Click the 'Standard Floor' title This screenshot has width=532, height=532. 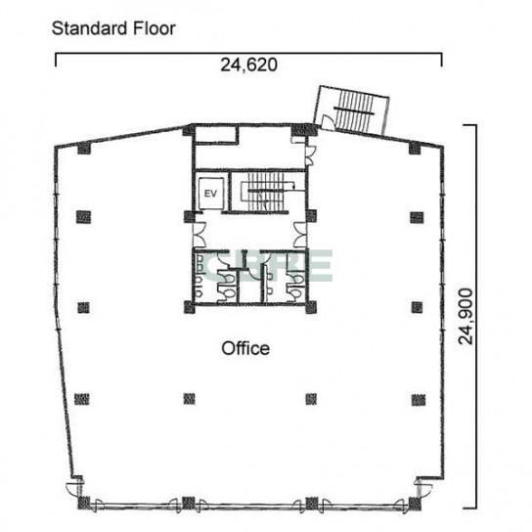click(x=113, y=28)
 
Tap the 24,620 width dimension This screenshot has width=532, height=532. click(x=248, y=65)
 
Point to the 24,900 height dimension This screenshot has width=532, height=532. click(x=465, y=316)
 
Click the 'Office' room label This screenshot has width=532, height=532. click(x=245, y=348)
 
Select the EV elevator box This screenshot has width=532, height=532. click(x=210, y=194)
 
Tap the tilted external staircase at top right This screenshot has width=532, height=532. click(x=353, y=110)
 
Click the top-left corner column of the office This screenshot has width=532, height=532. click(x=84, y=149)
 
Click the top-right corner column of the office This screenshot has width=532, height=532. click(x=415, y=149)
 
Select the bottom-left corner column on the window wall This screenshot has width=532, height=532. click(x=84, y=504)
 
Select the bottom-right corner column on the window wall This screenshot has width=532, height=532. click(x=415, y=504)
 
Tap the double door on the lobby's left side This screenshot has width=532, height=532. click(x=199, y=235)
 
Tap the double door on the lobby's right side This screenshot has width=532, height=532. click(x=300, y=235)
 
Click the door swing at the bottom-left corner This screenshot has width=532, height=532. click(x=72, y=489)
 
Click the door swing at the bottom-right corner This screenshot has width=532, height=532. click(x=425, y=489)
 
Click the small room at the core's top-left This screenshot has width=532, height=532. click(x=216, y=134)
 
